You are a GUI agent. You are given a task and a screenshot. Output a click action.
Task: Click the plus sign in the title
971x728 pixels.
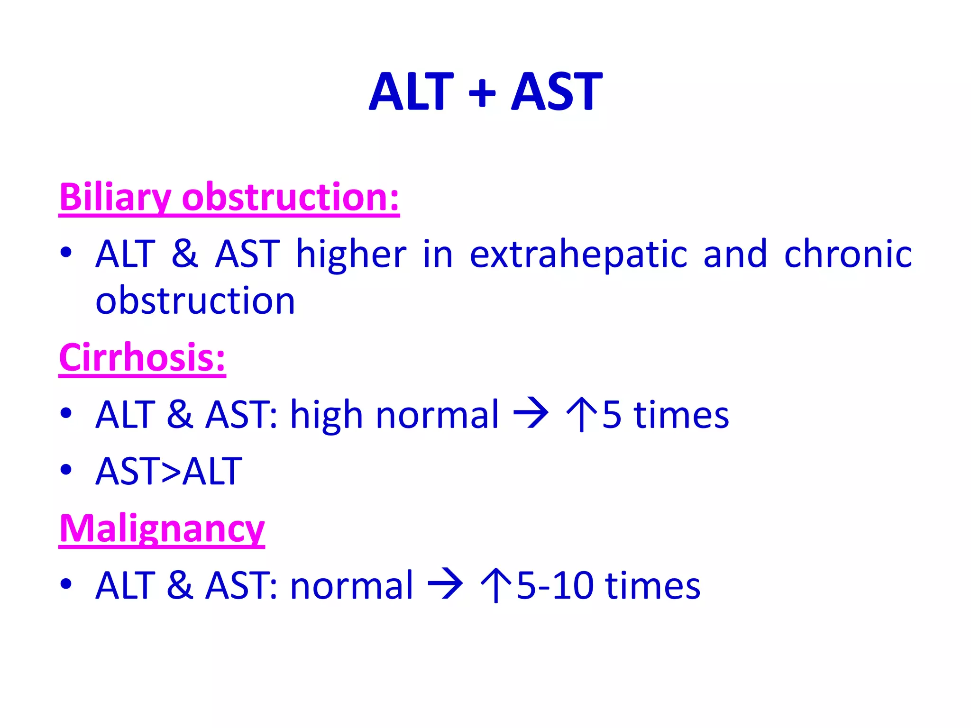point(482,92)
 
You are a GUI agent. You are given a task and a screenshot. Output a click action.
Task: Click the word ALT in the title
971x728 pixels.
point(412,91)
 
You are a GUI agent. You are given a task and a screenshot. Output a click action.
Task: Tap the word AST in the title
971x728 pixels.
point(557,91)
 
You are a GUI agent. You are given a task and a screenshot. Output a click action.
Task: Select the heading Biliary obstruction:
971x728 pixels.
point(229,197)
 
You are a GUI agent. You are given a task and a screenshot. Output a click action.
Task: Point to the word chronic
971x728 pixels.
point(848,254)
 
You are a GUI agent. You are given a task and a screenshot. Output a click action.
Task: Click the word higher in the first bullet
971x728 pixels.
point(351,254)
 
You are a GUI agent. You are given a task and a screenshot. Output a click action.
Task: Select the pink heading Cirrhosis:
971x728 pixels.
point(142,357)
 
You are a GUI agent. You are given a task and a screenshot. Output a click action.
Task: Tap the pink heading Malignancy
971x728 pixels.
point(162,528)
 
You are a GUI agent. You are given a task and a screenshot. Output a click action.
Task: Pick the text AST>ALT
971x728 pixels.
point(169,471)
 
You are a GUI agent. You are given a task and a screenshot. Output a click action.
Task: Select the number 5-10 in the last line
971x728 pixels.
point(555,586)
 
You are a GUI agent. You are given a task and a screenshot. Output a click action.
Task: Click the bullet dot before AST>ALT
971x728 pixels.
point(66,470)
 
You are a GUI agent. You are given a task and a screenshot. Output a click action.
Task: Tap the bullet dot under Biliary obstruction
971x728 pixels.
point(66,252)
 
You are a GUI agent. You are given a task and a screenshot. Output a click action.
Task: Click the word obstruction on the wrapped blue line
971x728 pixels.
point(195,300)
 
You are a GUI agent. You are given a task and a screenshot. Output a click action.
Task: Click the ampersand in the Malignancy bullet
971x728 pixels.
point(180,585)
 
